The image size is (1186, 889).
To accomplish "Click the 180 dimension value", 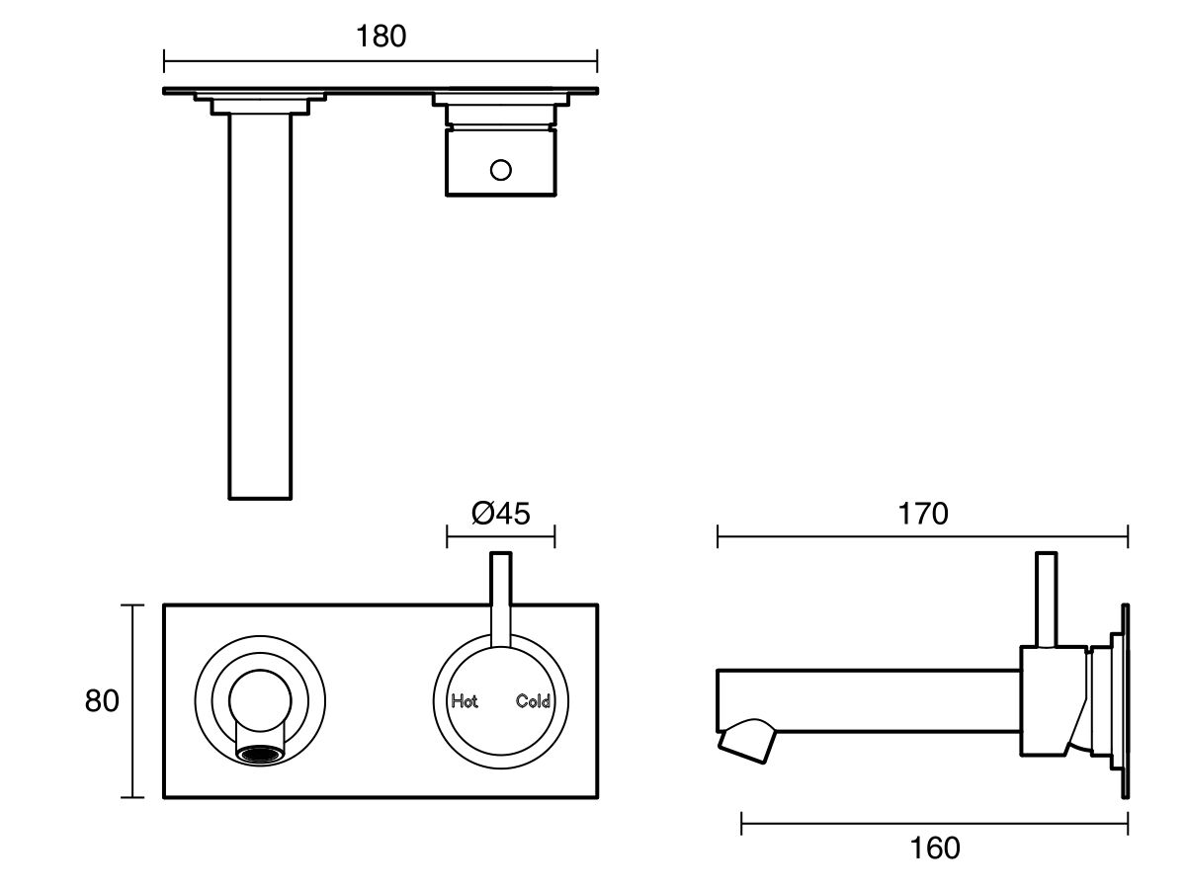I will (381, 37).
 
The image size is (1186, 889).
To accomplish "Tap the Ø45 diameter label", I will (501, 514).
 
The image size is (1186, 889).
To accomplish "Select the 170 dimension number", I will (922, 514).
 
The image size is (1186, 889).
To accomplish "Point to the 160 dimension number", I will (934, 848).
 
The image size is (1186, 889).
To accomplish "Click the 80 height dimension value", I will (102, 701).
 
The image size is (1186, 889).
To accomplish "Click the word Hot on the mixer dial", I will (465, 702).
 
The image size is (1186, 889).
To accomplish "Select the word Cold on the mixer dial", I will (533, 702).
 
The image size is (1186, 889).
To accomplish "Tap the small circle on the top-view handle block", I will (501, 170).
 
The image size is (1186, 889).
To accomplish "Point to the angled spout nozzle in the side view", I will (746, 742).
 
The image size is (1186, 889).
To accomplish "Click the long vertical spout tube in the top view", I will (261, 306).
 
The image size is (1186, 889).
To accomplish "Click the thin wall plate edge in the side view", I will (1125, 701).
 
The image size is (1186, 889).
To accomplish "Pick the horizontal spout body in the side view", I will (870, 700).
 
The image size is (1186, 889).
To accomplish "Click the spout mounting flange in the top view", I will (261, 102).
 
